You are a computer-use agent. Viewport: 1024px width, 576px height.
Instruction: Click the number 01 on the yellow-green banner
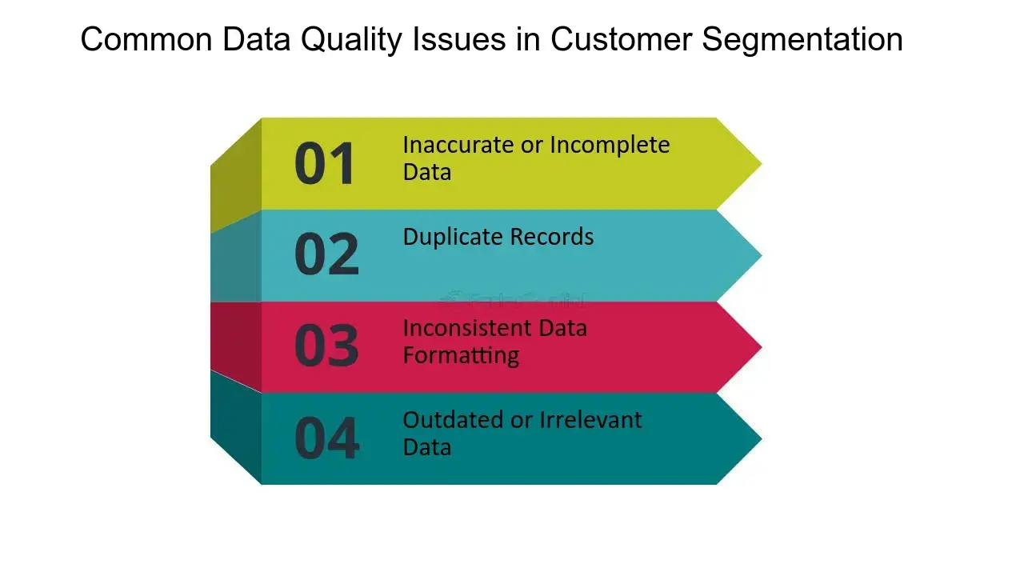(325, 164)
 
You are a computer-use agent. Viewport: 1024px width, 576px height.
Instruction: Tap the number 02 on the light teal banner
(326, 255)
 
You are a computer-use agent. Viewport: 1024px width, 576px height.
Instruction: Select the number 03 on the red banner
(326, 346)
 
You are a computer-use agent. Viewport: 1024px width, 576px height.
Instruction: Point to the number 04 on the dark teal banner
(326, 438)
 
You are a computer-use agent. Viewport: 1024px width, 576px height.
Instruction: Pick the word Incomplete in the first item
(610, 145)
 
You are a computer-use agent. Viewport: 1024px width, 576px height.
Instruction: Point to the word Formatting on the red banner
(461, 355)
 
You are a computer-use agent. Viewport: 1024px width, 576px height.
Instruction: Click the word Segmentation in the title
(802, 39)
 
